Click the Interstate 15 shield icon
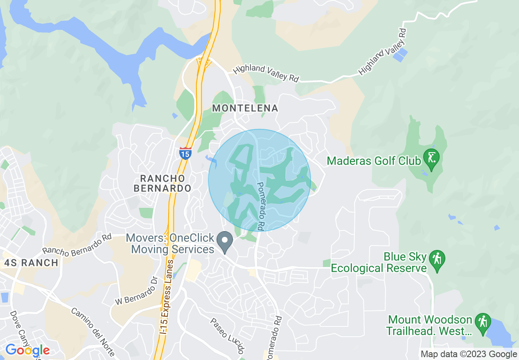click(185, 153)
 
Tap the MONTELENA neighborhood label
click(245, 108)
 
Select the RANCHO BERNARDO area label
click(165, 183)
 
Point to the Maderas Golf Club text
click(373, 161)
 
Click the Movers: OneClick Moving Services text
click(170, 243)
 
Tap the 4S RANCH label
click(31, 263)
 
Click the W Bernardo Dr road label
click(136, 290)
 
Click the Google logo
click(27, 350)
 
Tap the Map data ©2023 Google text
click(469, 354)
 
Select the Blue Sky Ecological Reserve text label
click(379, 263)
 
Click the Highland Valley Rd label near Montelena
click(266, 73)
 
